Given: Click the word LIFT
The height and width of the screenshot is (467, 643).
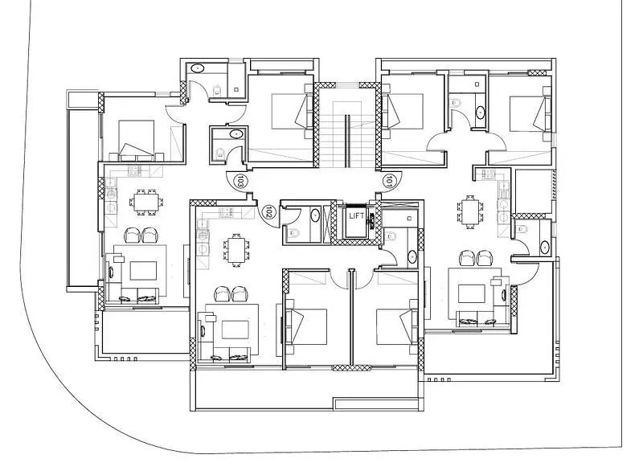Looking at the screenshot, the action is [355, 215].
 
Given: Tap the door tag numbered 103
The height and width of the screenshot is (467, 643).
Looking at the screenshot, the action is [240, 180].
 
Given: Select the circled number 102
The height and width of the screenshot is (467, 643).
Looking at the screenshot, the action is [268, 212].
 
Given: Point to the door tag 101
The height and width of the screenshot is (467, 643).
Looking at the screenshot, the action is [389, 180].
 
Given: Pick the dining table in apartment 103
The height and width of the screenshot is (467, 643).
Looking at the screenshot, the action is [146, 202].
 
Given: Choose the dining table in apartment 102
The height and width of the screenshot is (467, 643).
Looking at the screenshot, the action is [236, 250].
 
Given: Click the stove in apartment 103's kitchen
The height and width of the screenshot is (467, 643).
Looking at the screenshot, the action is [134, 171].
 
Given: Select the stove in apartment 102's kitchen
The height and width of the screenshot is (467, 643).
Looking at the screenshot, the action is [225, 213].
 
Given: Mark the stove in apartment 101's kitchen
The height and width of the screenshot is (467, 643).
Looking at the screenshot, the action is [489, 174].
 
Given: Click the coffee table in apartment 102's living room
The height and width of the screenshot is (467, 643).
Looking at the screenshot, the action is [235, 330].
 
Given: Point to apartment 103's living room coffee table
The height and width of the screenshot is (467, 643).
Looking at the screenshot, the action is [143, 271].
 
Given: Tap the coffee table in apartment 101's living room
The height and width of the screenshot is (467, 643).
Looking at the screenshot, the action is [472, 293].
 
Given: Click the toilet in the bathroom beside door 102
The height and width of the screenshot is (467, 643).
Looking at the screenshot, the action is [293, 232].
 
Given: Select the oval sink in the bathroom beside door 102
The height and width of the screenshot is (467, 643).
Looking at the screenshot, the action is [314, 215].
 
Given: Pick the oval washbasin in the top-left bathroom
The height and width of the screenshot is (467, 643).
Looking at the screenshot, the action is [198, 68].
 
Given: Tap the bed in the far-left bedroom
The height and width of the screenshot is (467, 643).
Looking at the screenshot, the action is [137, 140].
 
